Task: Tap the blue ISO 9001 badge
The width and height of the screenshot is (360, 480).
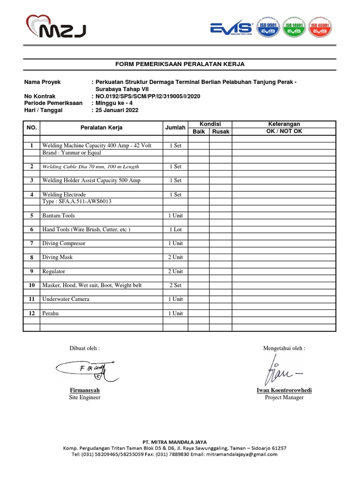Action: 267,28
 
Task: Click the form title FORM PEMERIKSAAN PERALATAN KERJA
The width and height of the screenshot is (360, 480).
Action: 180,64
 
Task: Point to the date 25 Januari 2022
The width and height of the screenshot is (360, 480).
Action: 117,111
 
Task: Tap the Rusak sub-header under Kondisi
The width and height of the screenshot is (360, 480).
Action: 220,132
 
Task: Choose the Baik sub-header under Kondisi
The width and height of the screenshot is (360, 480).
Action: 199,132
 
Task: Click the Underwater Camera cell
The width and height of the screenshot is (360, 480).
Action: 66,299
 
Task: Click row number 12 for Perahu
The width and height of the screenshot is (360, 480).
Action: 31,313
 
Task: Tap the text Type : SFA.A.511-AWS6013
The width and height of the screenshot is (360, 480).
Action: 77,202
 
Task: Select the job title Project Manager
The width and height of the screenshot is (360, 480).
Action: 284,397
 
